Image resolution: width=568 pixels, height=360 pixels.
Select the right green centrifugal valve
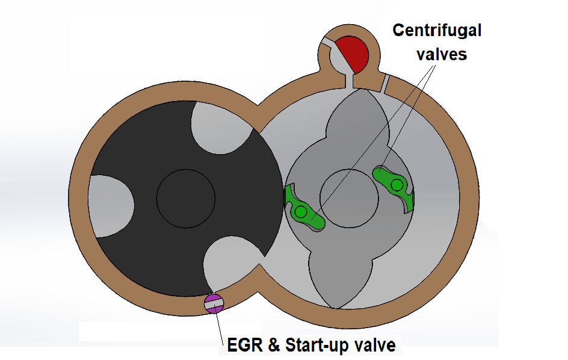[395, 188]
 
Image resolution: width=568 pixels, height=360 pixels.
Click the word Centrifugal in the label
[437, 29]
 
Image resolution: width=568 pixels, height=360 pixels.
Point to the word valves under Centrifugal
[444, 54]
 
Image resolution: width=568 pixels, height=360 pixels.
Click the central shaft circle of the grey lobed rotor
[350, 197]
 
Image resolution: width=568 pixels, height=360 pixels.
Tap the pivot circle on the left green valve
[300, 211]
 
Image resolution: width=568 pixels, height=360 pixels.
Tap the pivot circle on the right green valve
[397, 185]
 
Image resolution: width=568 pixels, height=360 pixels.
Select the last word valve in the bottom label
[377, 346]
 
